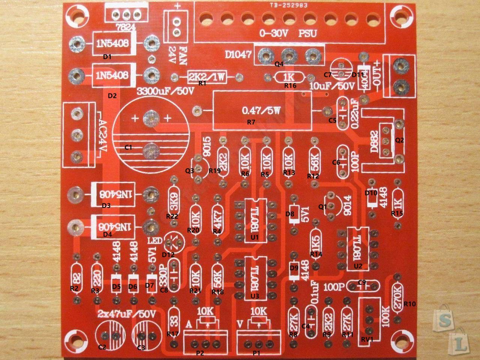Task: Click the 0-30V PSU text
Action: (x=288, y=33)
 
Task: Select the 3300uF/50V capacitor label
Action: (x=166, y=91)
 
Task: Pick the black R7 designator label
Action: (x=251, y=122)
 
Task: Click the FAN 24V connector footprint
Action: (x=176, y=27)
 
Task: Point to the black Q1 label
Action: (x=322, y=207)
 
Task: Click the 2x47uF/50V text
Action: (x=126, y=314)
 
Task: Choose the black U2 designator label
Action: (x=358, y=266)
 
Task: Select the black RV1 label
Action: (x=367, y=340)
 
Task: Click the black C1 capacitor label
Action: (x=128, y=148)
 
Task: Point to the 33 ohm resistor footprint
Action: (x=173, y=318)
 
